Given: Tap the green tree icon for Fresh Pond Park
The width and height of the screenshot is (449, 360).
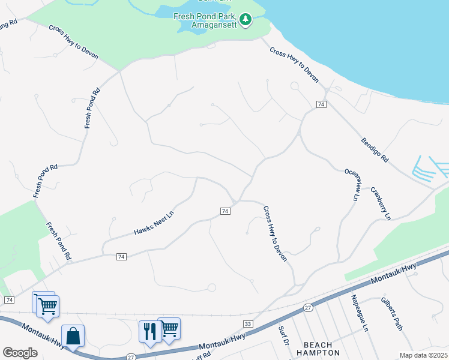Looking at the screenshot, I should pyautogui.click(x=245, y=20).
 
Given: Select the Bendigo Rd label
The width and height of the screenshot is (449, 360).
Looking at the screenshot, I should pyautogui.click(x=375, y=151).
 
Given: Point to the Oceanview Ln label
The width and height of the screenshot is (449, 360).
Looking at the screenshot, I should pyautogui.click(x=354, y=184).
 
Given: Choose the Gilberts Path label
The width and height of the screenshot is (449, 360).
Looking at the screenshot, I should pyautogui.click(x=391, y=313).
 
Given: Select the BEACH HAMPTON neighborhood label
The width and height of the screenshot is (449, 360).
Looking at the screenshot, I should pyautogui.click(x=322, y=349).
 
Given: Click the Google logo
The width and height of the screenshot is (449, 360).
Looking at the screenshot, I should pyautogui.click(x=20, y=352).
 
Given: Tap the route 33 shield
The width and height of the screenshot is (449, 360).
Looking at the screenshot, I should pyautogui.click(x=249, y=324).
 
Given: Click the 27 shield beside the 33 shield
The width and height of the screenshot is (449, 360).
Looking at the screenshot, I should pyautogui.click(x=307, y=308).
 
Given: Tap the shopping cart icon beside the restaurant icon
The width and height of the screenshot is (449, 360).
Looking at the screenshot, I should pyautogui.click(x=169, y=328).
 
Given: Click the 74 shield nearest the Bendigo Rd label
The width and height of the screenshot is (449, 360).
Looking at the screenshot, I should pyautogui.click(x=321, y=104).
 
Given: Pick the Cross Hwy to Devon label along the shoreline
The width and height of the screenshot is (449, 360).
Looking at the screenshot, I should pyautogui.click(x=294, y=65).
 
